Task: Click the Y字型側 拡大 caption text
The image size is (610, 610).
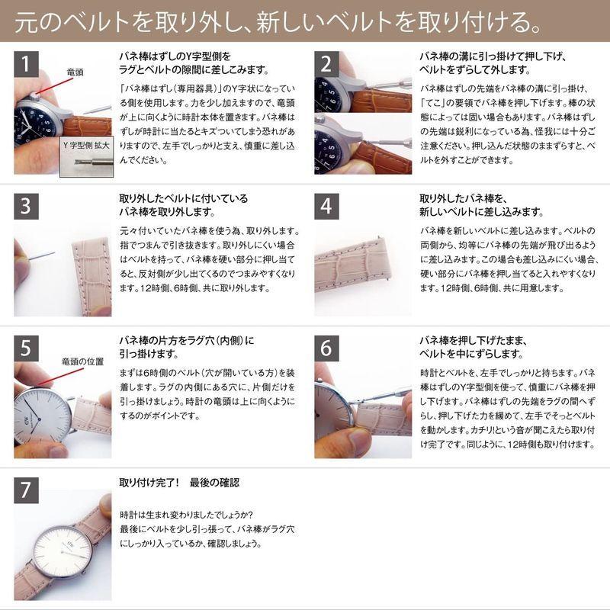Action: click(x=86, y=143)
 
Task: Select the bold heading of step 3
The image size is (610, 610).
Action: click(x=183, y=205)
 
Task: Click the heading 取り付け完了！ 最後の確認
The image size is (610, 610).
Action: click(x=179, y=483)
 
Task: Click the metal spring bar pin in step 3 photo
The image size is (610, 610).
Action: click(x=41, y=255)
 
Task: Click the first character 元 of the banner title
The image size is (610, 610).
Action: click(x=27, y=22)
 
